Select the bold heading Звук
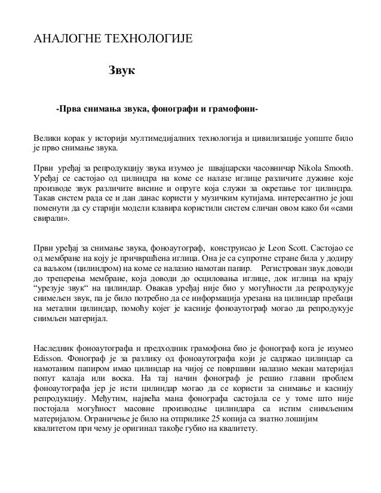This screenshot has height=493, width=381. point(122,72)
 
